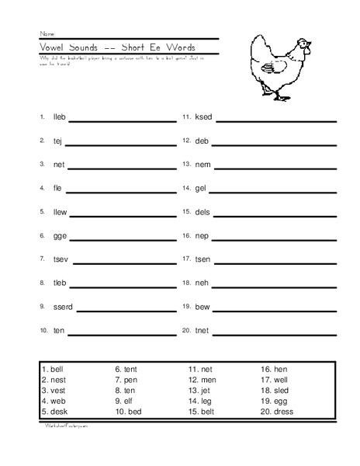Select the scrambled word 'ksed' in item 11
pyautogui.click(x=203, y=117)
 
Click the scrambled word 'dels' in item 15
pyautogui.click(x=202, y=212)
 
